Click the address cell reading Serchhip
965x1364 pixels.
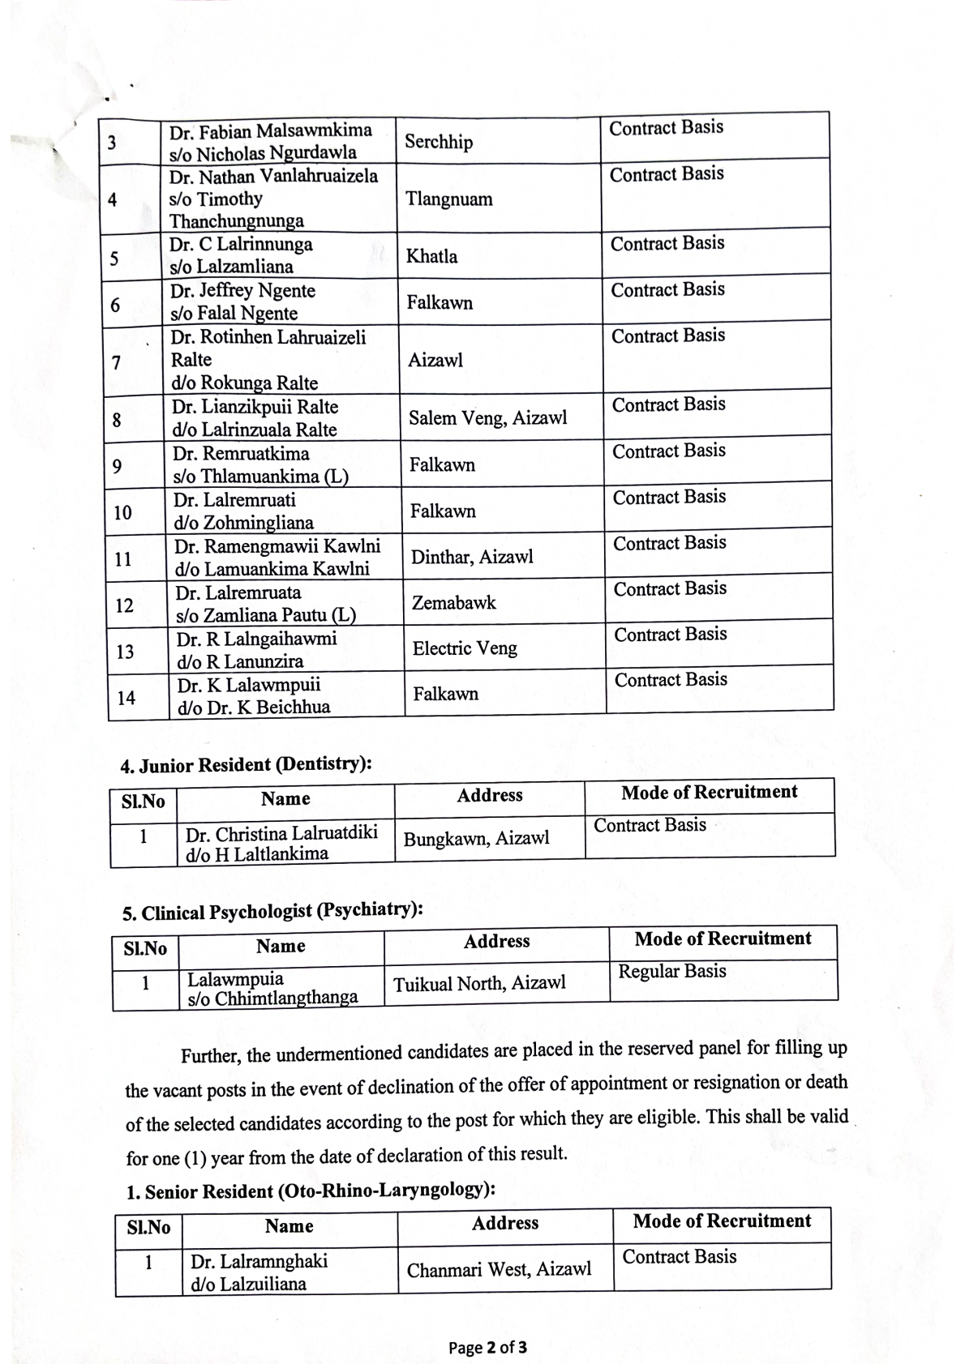(439, 142)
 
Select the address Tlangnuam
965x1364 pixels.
(448, 199)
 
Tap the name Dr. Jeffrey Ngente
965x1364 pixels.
(242, 291)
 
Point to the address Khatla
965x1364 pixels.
(431, 257)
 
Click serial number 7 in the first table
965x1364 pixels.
(116, 362)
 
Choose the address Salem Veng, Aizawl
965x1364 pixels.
(487, 418)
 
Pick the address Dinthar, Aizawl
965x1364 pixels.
(472, 557)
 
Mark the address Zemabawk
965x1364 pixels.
(453, 603)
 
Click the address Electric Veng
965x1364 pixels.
(465, 648)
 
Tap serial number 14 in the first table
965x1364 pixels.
(126, 698)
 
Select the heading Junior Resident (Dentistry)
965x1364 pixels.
(246, 765)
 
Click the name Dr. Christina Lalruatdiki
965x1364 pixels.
(281, 834)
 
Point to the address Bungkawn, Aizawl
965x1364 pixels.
(476, 839)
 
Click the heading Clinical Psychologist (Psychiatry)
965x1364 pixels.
(272, 912)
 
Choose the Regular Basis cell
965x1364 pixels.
(672, 971)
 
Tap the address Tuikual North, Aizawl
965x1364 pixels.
(479, 984)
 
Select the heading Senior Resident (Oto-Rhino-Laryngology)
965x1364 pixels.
(311, 1191)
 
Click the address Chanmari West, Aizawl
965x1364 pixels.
(499, 1270)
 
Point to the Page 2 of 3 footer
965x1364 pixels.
(487, 1348)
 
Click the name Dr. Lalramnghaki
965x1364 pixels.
(259, 1261)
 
